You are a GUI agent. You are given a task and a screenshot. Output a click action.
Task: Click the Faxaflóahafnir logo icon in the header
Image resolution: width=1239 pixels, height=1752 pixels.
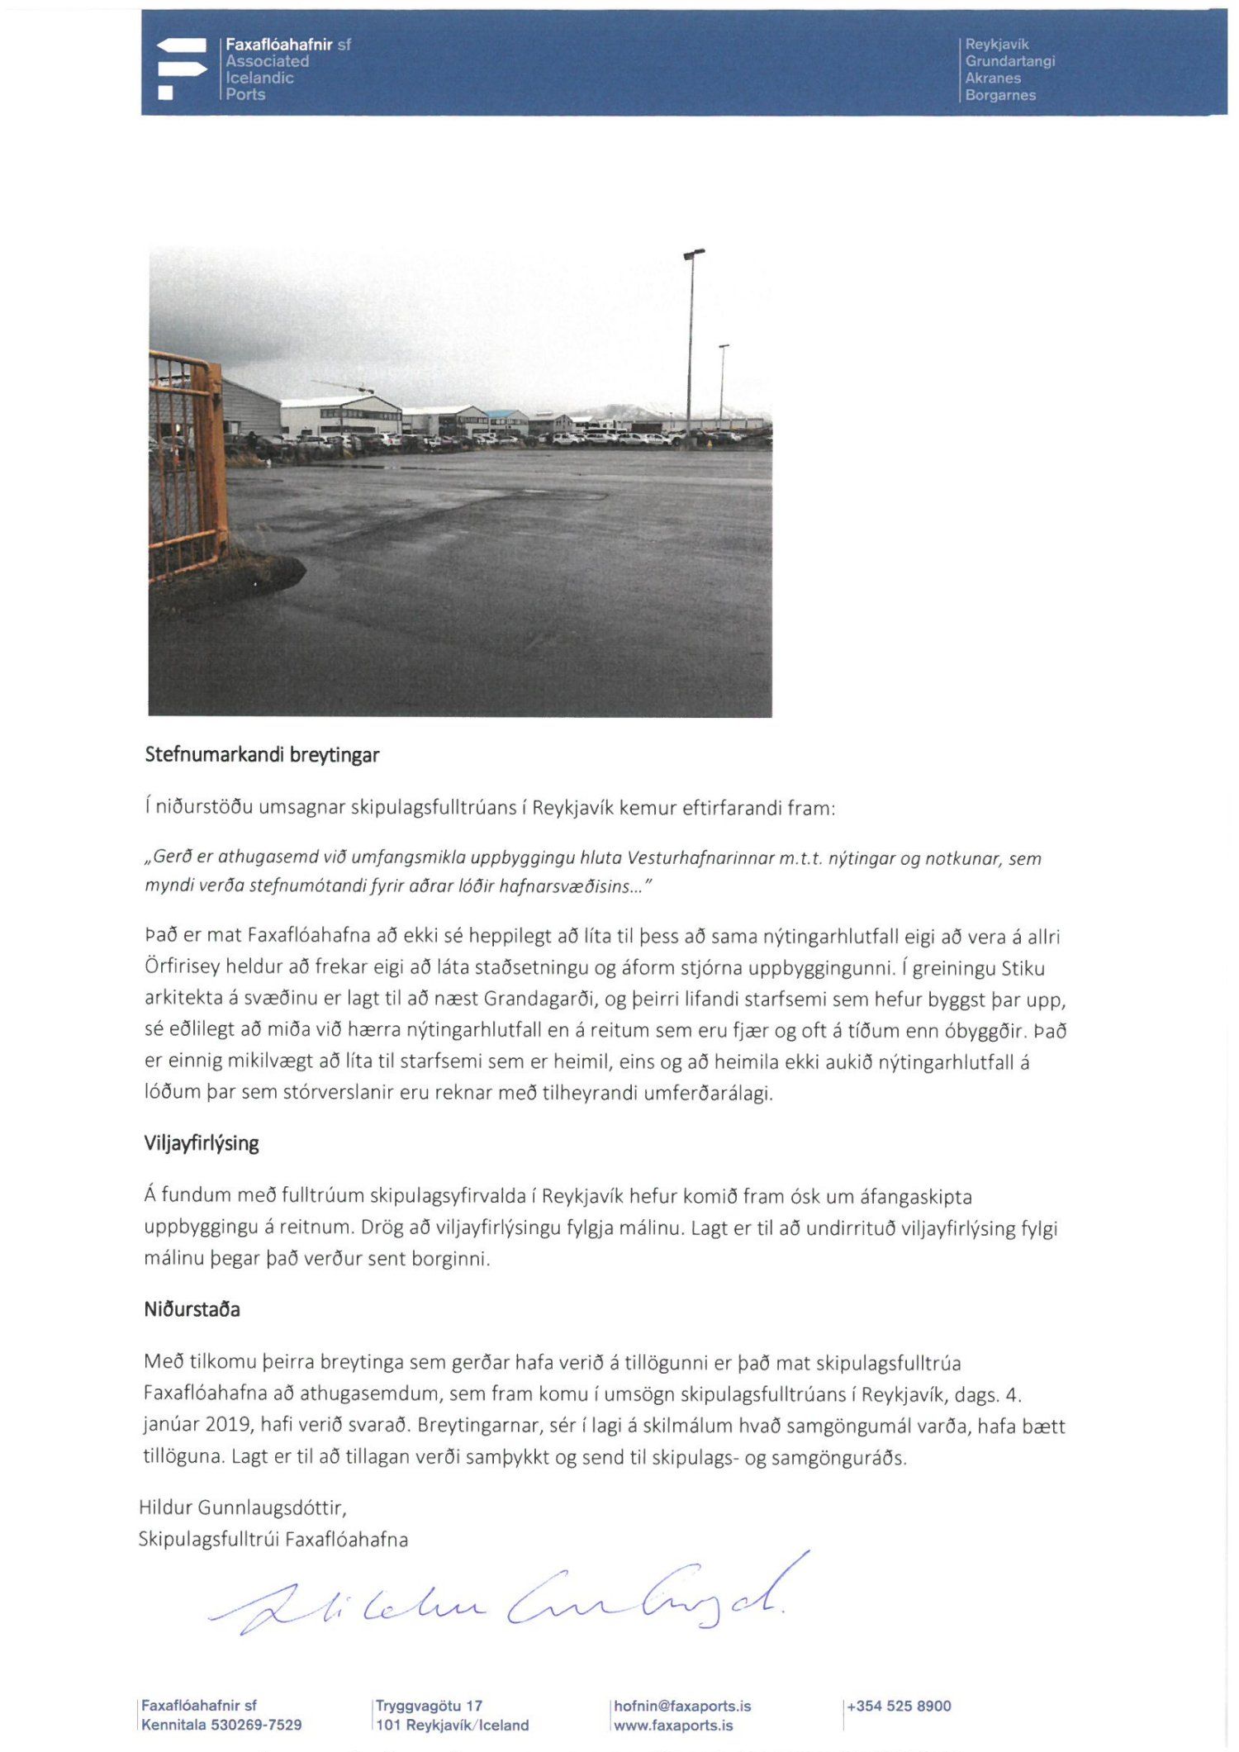(x=181, y=69)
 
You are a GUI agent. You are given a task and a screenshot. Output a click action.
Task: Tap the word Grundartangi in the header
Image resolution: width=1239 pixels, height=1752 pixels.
(x=1009, y=61)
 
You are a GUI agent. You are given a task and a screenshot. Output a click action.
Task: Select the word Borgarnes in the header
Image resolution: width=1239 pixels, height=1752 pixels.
(x=999, y=95)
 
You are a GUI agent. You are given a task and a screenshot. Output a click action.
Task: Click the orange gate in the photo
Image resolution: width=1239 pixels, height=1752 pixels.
(x=186, y=463)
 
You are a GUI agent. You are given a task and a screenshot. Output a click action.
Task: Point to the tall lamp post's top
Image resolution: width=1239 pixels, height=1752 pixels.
(x=695, y=253)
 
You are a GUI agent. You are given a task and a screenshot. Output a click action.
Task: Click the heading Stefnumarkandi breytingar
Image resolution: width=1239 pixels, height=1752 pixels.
(x=262, y=755)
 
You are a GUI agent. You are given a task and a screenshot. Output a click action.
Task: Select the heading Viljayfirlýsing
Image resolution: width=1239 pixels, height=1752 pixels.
(x=202, y=1143)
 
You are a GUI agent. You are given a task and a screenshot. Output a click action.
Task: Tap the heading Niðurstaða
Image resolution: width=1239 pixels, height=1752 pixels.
(x=192, y=1309)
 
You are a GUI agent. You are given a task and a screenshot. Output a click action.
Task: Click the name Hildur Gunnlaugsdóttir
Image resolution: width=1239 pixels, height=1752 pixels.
(x=242, y=1507)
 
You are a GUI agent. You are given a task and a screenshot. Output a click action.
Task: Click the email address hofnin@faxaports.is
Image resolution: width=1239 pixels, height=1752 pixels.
(x=682, y=1706)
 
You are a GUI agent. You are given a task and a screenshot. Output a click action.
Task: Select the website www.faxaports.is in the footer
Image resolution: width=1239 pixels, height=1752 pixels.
(x=673, y=1725)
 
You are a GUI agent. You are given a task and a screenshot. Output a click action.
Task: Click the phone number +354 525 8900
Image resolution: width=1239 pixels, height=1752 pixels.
(x=899, y=1706)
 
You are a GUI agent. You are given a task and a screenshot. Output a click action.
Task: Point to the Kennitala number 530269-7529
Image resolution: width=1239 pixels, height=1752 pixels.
(x=256, y=1725)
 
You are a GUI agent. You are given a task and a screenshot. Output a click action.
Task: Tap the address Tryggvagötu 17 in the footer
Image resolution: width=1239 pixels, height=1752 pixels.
(x=429, y=1706)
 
